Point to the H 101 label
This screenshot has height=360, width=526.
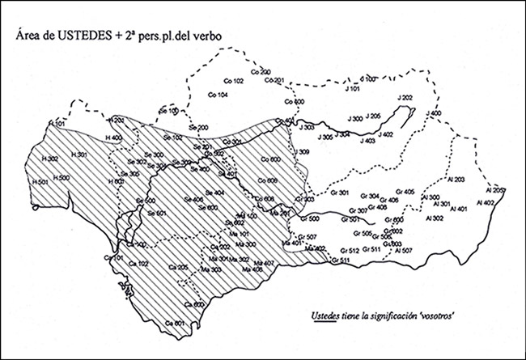(57, 122)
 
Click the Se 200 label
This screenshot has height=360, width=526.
(198, 128)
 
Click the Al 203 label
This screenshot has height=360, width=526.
(455, 179)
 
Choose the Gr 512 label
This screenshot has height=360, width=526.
(350, 251)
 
